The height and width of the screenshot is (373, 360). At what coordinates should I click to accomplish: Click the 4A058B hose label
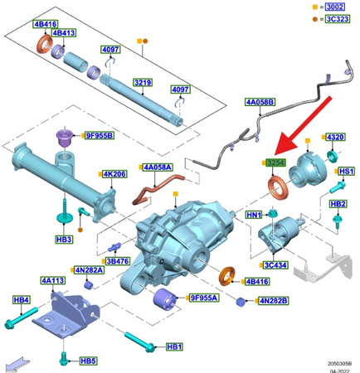pos(259,103)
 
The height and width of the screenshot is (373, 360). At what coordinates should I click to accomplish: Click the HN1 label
pos(254,215)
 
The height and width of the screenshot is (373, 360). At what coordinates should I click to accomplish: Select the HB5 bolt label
pos(88,361)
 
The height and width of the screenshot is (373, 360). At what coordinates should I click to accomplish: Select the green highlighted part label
pos(275,163)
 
